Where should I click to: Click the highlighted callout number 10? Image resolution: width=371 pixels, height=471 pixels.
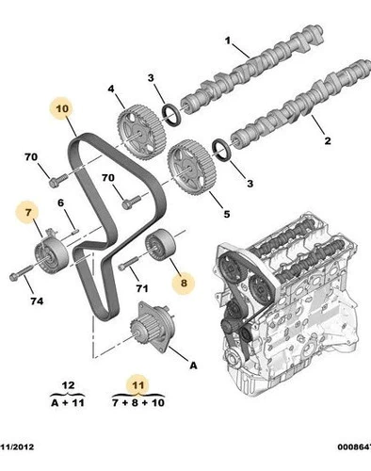click(62, 108)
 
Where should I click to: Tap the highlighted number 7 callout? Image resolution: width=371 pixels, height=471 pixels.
click(28, 213)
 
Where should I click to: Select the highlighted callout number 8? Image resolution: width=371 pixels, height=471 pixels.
click(184, 283)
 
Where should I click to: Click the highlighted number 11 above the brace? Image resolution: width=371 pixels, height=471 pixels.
click(138, 385)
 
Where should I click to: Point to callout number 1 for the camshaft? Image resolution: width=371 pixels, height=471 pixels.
click(228, 41)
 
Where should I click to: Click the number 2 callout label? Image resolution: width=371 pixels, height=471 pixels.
click(328, 140)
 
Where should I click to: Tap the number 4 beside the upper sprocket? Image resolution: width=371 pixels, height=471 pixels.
click(111, 89)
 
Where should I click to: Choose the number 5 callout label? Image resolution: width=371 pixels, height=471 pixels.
click(227, 214)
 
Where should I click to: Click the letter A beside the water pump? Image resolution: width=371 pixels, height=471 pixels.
click(194, 365)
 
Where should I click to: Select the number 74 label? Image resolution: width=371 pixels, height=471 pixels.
click(37, 301)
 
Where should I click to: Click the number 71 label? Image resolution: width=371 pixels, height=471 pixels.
click(141, 288)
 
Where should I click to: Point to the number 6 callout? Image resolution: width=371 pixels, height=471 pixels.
click(60, 203)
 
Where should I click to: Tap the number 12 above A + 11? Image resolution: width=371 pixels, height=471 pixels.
click(69, 385)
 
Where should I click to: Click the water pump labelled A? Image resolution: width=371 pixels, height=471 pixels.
click(152, 327)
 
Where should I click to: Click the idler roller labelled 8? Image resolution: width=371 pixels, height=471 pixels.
click(160, 245)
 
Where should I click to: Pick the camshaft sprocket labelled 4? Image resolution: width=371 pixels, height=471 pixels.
click(141, 132)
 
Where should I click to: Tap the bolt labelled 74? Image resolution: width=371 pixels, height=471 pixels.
click(21, 273)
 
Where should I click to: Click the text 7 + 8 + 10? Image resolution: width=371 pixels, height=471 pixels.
click(138, 402)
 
